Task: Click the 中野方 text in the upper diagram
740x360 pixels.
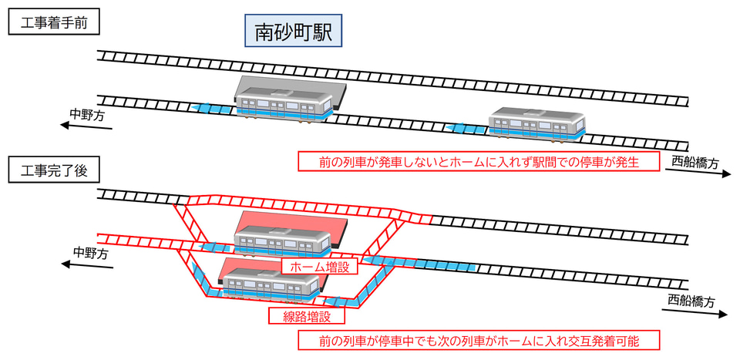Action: coord(87,114)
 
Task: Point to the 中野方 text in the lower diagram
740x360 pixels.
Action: coord(90,252)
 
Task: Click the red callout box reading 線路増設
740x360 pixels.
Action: coord(306,315)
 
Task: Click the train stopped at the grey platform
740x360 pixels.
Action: coord(283,106)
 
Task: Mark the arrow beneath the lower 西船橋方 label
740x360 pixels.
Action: coord(693,312)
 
